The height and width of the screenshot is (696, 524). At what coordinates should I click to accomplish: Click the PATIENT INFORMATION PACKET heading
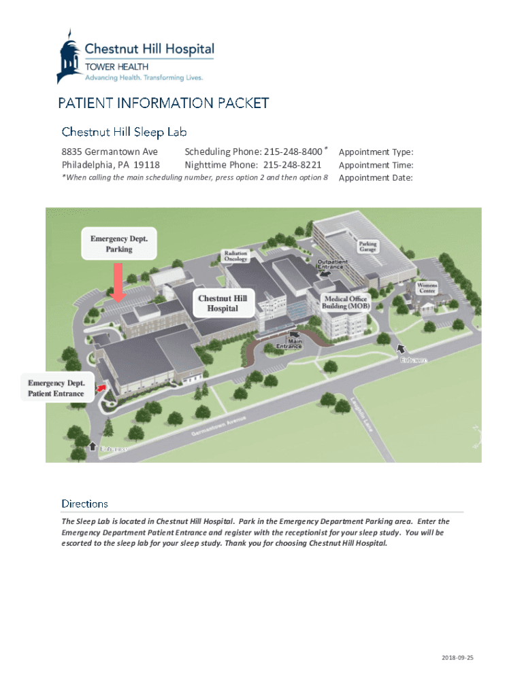click(163, 103)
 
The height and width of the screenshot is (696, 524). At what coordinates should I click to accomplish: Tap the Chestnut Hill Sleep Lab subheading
click(124, 131)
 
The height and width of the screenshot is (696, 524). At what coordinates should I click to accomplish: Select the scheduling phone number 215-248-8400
click(293, 152)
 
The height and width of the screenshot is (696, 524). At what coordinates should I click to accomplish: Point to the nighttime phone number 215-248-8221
click(292, 165)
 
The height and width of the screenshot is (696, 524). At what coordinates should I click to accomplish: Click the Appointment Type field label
click(376, 152)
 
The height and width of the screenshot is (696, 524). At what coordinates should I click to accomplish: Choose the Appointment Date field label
click(376, 178)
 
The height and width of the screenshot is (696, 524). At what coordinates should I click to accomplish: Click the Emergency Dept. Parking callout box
click(119, 244)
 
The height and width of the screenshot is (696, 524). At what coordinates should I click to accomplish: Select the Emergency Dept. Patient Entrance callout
click(56, 388)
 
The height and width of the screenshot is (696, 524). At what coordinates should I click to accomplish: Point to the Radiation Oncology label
click(236, 256)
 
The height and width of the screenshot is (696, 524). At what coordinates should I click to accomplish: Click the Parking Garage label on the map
click(368, 246)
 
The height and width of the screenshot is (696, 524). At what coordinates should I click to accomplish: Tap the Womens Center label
click(427, 288)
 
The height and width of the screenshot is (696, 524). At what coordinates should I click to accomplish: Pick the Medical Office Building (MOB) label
click(346, 302)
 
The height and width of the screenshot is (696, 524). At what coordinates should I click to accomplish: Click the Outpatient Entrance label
click(332, 264)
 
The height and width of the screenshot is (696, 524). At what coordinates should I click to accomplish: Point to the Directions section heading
click(84, 504)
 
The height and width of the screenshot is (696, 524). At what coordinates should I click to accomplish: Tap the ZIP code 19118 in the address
click(146, 165)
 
